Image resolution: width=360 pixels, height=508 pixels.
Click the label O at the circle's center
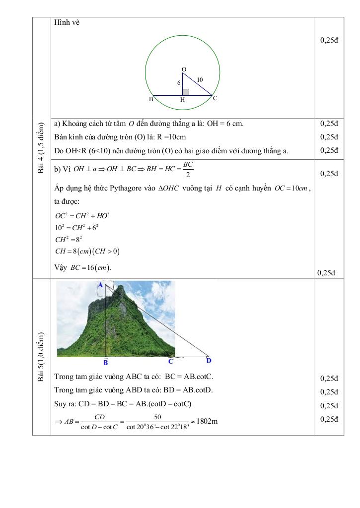tap(184, 68)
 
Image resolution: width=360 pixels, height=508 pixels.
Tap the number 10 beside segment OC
tap(200, 79)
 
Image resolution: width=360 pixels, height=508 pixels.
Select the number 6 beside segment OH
tap(179, 83)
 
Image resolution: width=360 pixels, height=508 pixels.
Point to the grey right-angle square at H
tap(185, 92)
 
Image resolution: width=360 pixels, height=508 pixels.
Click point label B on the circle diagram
tap(151, 99)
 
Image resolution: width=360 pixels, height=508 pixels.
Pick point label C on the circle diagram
tap(215, 98)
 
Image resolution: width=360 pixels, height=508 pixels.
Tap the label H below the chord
tap(183, 100)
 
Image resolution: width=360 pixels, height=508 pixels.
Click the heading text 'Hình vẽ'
tap(67, 22)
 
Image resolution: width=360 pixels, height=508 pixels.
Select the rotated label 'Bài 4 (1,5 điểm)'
tap(41, 147)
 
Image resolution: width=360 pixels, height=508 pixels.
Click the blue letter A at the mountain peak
tap(100, 285)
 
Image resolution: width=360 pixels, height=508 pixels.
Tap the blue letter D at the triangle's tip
tap(209, 361)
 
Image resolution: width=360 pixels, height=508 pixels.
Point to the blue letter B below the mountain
tap(106, 363)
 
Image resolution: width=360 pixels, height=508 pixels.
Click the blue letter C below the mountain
tap(170, 362)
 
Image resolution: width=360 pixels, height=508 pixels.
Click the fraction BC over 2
tap(188, 169)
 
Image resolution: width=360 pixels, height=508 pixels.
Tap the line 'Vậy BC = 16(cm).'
tap(83, 267)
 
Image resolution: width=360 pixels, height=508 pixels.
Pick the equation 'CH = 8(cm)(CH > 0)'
tap(87, 251)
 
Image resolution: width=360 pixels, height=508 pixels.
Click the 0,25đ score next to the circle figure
tap(329, 41)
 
